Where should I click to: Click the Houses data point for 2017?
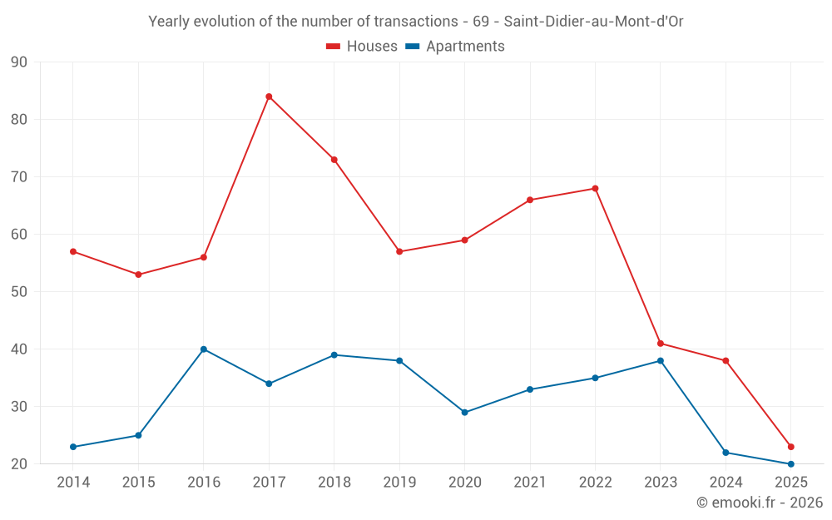click(269, 97)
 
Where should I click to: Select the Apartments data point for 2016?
click(204, 349)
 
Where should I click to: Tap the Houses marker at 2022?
click(595, 188)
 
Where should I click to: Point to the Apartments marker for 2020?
click(465, 413)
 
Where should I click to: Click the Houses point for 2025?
click(791, 447)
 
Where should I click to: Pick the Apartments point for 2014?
click(73, 447)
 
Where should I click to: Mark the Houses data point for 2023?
click(661, 344)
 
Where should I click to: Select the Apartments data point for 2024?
click(726, 453)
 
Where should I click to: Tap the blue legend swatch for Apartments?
click(412, 47)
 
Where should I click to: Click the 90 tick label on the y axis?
click(19, 62)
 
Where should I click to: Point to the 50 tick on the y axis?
click(19, 292)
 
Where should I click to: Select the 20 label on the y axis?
click(19, 464)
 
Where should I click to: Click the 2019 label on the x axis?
click(399, 483)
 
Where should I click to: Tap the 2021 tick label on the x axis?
click(530, 483)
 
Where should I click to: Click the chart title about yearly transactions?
click(416, 22)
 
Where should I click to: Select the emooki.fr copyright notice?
click(760, 503)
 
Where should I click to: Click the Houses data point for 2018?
click(334, 160)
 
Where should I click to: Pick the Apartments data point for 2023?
click(661, 361)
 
